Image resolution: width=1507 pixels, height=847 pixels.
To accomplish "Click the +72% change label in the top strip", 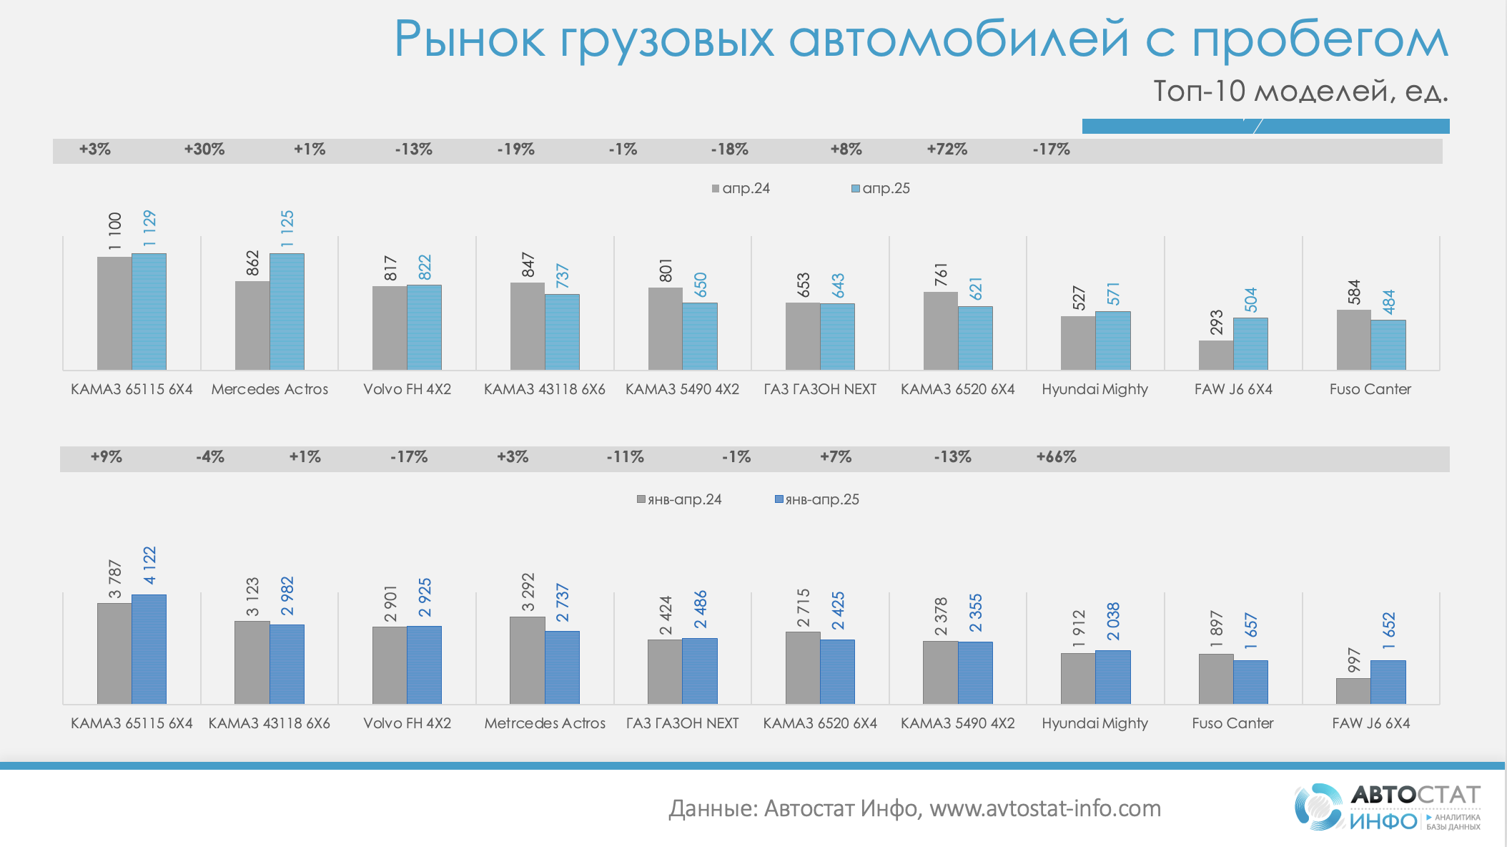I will [947, 150].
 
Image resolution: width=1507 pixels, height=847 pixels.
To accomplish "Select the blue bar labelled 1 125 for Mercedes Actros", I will [287, 311].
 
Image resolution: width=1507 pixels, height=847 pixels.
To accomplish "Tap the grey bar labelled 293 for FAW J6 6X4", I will [1215, 355].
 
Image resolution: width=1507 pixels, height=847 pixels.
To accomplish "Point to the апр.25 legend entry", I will [881, 188].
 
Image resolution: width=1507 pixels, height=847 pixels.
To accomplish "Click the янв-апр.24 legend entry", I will [679, 499].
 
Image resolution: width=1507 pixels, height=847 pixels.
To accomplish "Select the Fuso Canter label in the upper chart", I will [1370, 389].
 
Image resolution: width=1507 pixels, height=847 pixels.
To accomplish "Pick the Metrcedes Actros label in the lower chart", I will [545, 723].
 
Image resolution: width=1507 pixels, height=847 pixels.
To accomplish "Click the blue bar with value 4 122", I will [149, 649].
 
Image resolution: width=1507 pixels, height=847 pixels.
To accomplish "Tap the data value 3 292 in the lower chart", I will [528, 592].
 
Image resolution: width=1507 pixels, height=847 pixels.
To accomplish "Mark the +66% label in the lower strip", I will [1056, 457].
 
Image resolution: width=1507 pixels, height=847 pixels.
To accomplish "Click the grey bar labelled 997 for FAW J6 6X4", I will [1353, 691].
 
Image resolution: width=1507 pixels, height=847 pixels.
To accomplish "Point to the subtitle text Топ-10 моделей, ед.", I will [1300, 92].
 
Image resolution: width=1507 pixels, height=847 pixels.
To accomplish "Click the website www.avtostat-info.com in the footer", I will [1045, 808].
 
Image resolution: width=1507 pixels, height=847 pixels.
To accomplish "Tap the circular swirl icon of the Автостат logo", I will [1319, 807].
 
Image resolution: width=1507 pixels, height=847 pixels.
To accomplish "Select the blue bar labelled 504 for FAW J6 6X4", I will [1250, 343].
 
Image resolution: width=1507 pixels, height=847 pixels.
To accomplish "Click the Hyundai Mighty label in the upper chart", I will [1095, 389].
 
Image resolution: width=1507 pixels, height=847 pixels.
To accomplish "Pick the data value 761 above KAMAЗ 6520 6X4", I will [941, 275].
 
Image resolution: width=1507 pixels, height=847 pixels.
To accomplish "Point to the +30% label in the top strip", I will [204, 150].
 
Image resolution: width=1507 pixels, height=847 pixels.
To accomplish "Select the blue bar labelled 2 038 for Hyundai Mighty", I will [1112, 677].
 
